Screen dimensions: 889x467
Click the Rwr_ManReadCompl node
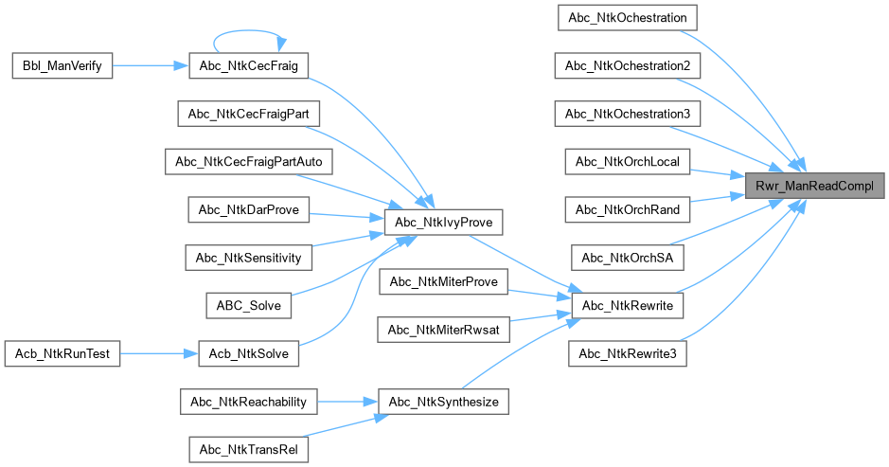815,186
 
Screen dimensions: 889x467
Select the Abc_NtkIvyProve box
443,223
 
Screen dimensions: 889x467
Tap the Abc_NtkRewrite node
628,306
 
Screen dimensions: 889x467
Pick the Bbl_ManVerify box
62,65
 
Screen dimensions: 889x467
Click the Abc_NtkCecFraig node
248,65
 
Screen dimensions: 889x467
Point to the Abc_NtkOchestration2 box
628,65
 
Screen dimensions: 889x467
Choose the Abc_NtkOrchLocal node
628,162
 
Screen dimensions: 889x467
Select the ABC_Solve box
248,306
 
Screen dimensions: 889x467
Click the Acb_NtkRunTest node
62,353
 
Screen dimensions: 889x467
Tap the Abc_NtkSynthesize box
443,402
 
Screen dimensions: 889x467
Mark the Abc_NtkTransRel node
248,449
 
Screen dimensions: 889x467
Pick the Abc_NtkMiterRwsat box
443,330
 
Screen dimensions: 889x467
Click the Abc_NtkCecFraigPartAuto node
248,162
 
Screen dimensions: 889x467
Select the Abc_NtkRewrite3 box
628,353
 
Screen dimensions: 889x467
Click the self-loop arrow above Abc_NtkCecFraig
248,32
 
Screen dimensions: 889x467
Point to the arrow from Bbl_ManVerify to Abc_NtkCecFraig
151,65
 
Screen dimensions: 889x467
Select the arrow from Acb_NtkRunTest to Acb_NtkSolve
159,353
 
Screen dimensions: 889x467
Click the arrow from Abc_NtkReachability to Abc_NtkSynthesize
347,402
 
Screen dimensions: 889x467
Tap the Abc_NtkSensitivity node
248,258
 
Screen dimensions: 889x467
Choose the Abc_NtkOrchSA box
628,258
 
